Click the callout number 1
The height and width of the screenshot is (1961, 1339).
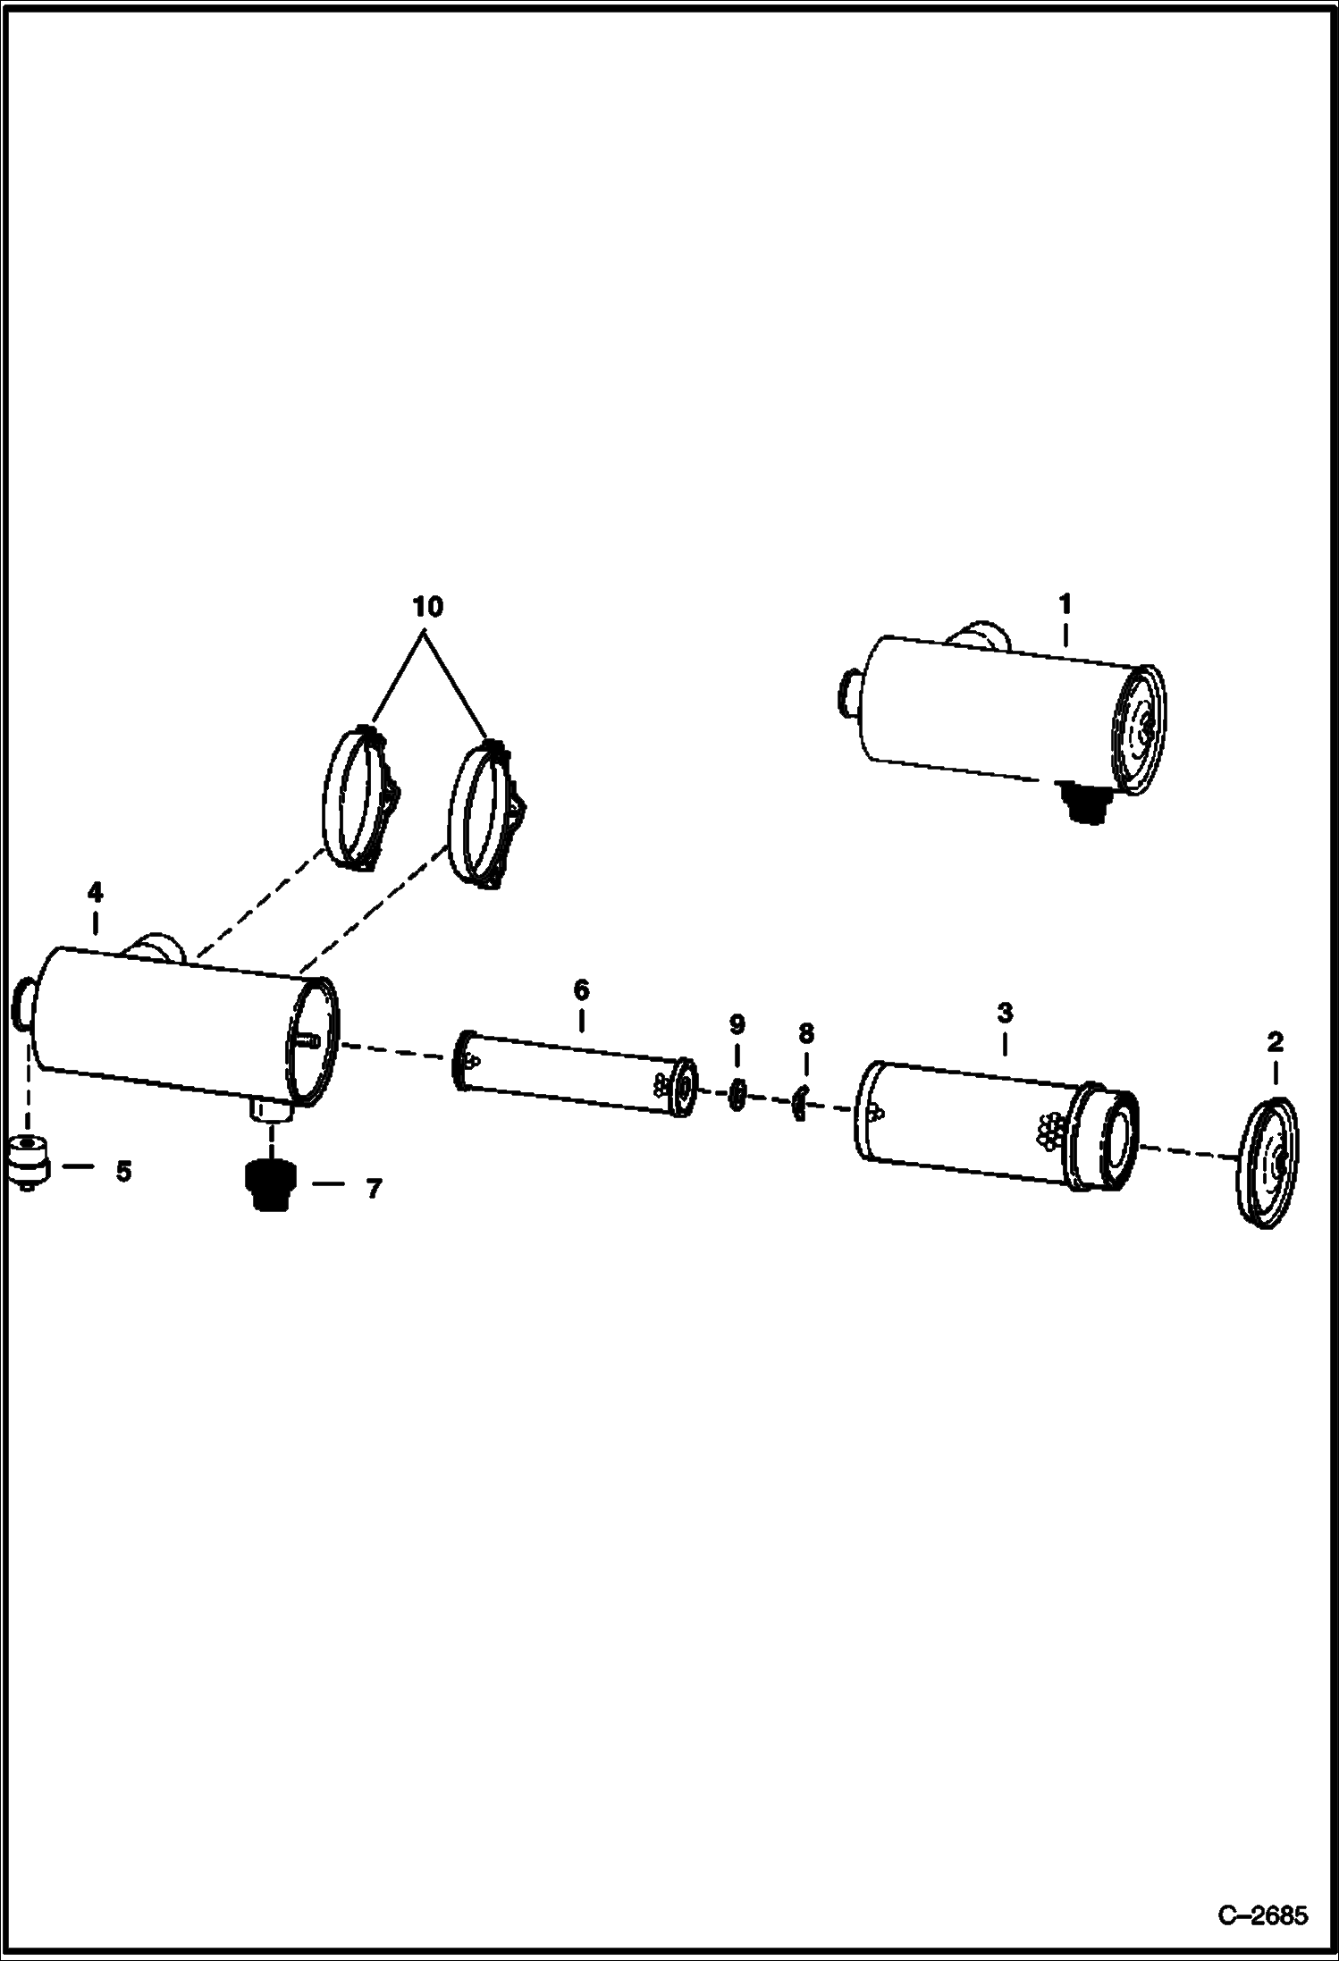pos(1065,604)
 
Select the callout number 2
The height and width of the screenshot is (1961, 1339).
pos(1275,1041)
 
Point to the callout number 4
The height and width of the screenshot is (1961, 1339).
pos(95,891)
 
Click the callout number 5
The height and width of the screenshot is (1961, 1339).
pos(123,1170)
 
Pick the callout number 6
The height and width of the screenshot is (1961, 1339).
pos(581,989)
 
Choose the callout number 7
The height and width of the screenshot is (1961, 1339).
pos(374,1188)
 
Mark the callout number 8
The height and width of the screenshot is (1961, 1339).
pos(806,1034)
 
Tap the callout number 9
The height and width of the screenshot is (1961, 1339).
pos(737,1024)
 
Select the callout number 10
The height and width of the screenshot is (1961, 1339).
pos(427,607)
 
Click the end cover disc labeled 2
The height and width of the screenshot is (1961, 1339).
pos(1270,1163)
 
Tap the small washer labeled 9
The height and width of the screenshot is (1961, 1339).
pos(737,1094)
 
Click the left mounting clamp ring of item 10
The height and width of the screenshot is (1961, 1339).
pos(358,798)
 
